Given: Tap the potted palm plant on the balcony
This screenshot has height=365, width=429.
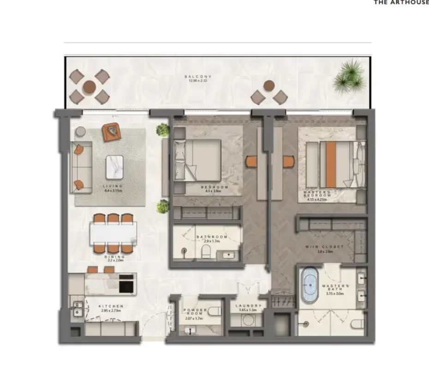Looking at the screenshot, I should pyautogui.click(x=349, y=76).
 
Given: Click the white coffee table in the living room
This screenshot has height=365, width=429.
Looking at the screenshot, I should pyautogui.click(x=114, y=167).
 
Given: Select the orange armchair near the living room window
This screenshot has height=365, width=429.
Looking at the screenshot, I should pyautogui.click(x=111, y=132).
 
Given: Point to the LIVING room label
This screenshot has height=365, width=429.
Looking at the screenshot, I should pyautogui.click(x=113, y=185).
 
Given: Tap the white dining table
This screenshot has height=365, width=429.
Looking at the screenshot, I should pyautogui.click(x=113, y=233).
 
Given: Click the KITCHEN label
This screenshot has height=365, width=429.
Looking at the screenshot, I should pyautogui.click(x=111, y=306).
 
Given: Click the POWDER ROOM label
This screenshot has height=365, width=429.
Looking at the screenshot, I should pyautogui.click(x=194, y=312).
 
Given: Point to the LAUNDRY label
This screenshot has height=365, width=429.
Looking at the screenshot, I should pyautogui.click(x=248, y=306).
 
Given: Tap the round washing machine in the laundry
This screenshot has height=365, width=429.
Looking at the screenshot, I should pyautogui.click(x=250, y=320).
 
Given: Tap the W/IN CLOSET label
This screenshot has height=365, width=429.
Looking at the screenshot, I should pyautogui.click(x=324, y=247).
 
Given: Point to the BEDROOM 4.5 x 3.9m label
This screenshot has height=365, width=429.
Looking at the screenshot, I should pyautogui.click(x=215, y=187).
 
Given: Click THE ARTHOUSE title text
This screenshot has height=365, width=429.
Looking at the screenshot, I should pyautogui.click(x=401, y=2).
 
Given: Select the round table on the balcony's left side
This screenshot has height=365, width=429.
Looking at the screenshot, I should pyautogui.click(x=89, y=86).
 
